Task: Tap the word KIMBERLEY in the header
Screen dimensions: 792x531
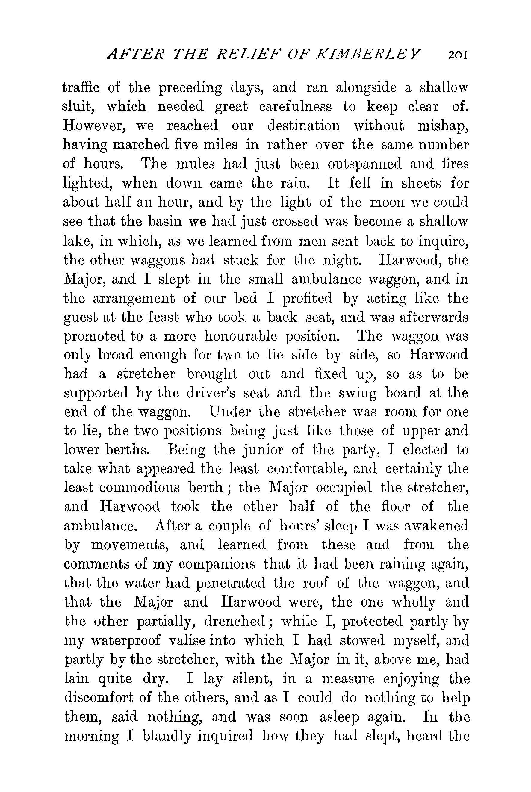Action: tap(368, 54)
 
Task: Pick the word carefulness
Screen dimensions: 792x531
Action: tap(295, 107)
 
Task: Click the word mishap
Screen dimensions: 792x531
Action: tap(443, 126)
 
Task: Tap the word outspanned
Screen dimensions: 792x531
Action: tap(365, 164)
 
